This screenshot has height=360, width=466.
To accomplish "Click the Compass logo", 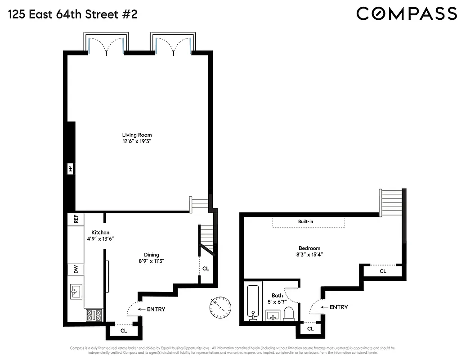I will point(406,13).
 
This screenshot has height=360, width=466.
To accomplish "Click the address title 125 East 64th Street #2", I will point(72,14).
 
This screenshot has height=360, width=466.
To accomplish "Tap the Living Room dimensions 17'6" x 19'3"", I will point(137,141).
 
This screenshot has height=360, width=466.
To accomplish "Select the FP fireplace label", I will point(70,169).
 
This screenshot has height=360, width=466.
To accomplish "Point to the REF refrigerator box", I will point(76,219).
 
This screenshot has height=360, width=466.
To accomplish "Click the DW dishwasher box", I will point(76,269).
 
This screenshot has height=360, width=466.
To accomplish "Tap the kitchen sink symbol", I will point(76,291).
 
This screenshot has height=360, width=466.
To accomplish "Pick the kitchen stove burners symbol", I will point(94,315).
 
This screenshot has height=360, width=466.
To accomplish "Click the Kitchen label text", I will point(100,232).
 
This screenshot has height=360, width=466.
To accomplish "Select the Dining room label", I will point(151,255).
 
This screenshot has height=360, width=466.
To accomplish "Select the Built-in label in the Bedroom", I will point(308,222).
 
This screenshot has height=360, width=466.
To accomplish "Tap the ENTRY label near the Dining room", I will point(156,309).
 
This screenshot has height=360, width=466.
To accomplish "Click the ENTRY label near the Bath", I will point(338,307).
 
